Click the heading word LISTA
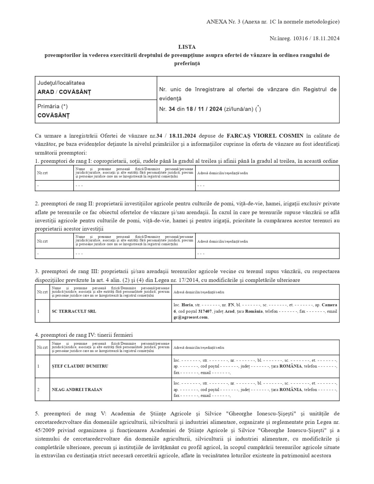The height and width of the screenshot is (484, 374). click(x=187, y=47)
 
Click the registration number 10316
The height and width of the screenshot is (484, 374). click(x=301, y=38)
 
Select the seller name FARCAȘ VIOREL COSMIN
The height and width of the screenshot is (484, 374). click(x=265, y=136)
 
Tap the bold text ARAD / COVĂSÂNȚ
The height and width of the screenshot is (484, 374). click(x=64, y=92)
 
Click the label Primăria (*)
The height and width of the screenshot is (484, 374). click(x=53, y=106)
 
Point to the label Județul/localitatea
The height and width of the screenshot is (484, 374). click(x=61, y=83)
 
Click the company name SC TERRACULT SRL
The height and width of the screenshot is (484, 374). click(x=74, y=311)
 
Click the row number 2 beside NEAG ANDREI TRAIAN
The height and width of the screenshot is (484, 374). click(x=38, y=390)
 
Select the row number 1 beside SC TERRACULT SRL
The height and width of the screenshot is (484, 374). click(x=38, y=311)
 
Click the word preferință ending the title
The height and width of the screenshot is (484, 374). click(x=187, y=63)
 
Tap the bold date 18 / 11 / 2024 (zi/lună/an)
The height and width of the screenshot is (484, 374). click(x=204, y=109)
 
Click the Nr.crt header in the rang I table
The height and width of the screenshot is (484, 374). click(x=43, y=173)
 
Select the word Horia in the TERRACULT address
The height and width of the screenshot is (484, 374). click(x=187, y=305)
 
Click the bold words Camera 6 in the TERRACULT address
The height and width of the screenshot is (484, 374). click(x=329, y=305)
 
